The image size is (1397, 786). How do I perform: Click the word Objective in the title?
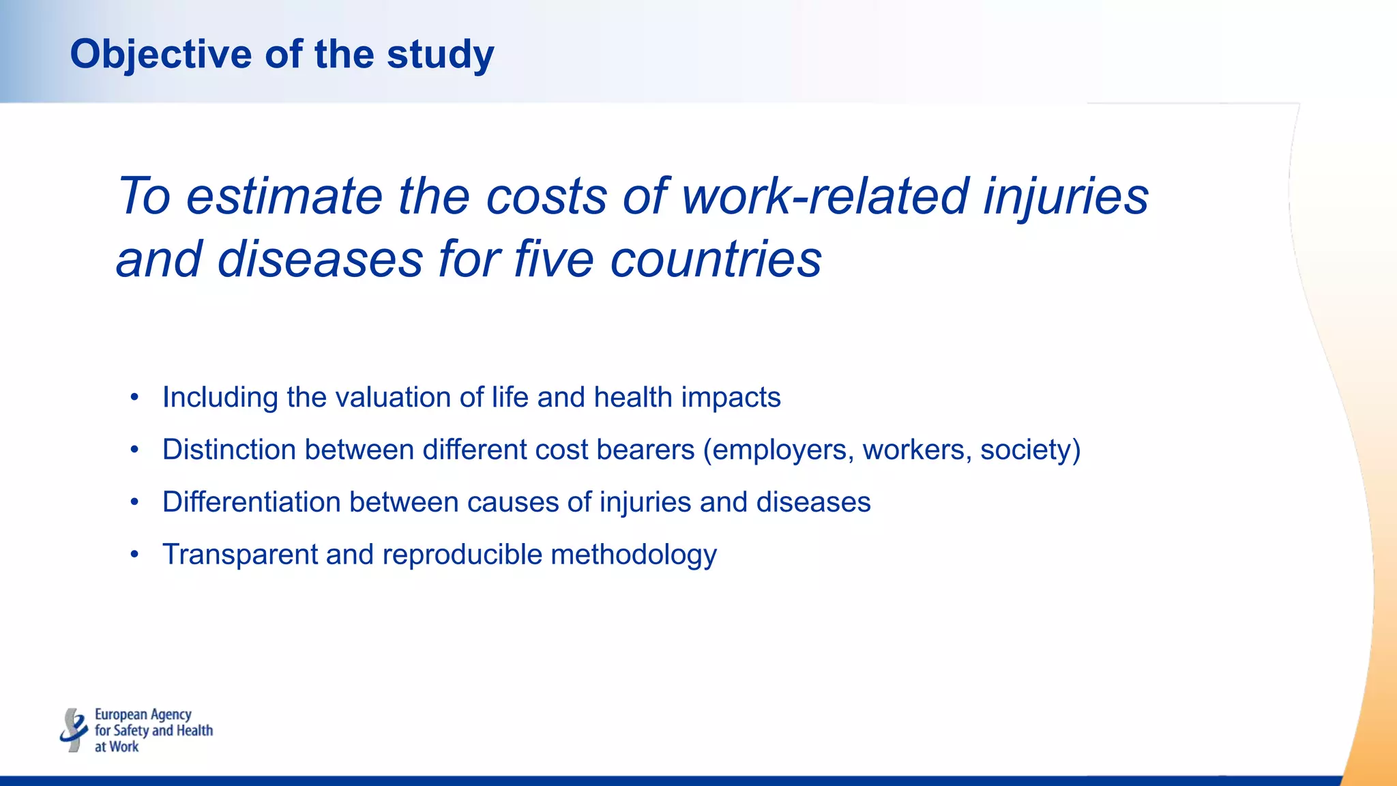pos(161,55)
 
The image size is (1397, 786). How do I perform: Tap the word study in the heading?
pos(440,55)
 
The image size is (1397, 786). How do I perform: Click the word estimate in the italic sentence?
pos(284,196)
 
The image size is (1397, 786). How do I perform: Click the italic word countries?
pos(716,260)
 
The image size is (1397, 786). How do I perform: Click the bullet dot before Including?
pos(135,397)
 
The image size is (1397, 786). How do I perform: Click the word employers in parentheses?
pos(778,450)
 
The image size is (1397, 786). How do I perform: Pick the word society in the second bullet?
pos(1028,450)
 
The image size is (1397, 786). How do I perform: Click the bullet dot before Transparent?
pos(135,554)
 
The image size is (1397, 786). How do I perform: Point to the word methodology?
pos(634,554)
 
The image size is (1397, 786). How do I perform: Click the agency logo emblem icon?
pos(74,730)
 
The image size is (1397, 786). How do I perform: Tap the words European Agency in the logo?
pos(143,714)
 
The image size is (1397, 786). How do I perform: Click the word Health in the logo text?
pos(195,731)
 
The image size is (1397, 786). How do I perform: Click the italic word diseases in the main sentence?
pos(320,260)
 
